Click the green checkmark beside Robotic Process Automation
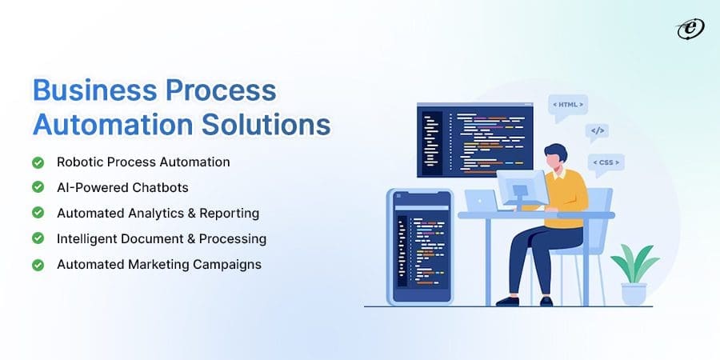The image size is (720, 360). tap(38, 162)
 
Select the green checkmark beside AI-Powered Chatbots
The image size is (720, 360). tap(38, 188)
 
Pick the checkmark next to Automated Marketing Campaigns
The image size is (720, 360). tap(38, 265)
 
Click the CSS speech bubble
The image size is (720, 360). tap(605, 163)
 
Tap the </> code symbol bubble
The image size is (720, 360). tap(596, 130)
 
